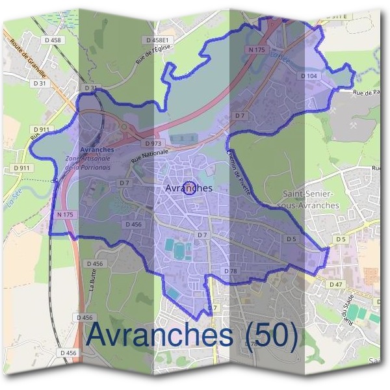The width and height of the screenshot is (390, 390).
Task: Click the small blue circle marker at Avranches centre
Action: pos(189,188)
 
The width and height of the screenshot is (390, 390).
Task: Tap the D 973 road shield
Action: pos(153,143)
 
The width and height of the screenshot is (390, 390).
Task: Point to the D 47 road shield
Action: pos(335,285)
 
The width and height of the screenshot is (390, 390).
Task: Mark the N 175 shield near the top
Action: pos(257,49)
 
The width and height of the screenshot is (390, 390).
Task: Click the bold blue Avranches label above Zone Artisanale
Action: pos(97,149)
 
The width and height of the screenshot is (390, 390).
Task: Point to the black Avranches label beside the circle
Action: pos(189,188)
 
